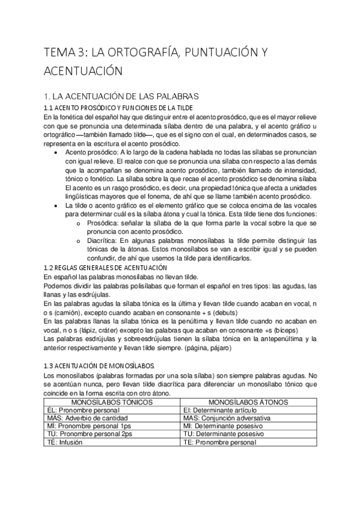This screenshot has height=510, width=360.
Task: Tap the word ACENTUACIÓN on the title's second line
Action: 84,71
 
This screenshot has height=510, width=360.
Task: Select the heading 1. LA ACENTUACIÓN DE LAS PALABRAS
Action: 121,96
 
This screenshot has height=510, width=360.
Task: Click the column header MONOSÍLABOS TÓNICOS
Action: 111,401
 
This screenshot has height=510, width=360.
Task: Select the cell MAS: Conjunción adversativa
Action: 227,417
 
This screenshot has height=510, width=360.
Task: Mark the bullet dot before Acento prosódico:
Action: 56,153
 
